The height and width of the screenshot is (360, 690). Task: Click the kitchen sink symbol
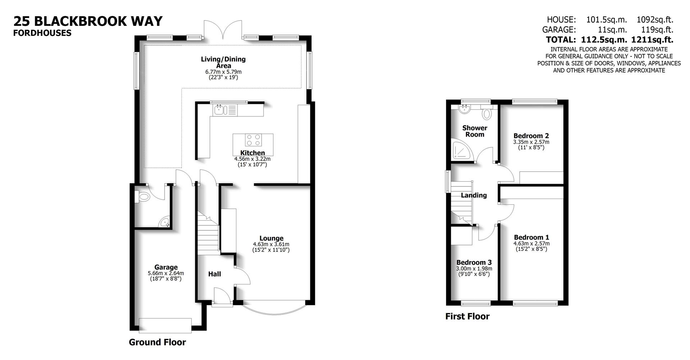[219, 110]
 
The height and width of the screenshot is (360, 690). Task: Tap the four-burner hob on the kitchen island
[253, 140]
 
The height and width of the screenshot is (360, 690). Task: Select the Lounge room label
[271, 238]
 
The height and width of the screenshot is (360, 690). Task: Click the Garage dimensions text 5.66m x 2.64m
[166, 273]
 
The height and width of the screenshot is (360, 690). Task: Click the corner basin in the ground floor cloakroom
[165, 223]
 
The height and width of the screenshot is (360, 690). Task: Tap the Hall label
[215, 274]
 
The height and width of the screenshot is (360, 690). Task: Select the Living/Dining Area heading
[223, 62]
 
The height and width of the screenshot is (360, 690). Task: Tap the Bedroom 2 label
[531, 136]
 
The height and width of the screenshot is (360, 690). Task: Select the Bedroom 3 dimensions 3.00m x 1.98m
[474, 269]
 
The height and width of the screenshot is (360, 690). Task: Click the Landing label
[474, 195]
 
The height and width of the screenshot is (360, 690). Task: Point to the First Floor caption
[467, 317]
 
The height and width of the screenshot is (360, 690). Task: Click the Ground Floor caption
[157, 342]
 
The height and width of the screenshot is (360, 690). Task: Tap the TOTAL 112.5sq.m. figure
[606, 40]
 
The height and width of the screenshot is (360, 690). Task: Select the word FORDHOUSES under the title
[42, 33]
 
